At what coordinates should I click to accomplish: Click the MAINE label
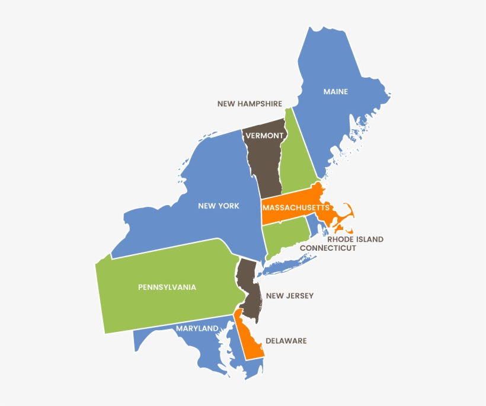pyautogui.click(x=335, y=92)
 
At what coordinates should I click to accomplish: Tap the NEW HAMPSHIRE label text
pyautogui.click(x=250, y=104)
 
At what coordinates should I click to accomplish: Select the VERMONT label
pyautogui.click(x=264, y=135)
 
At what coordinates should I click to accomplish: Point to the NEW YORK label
pyautogui.click(x=219, y=206)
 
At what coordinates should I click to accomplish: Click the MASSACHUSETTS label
pyautogui.click(x=296, y=208)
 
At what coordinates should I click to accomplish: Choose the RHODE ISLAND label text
pyautogui.click(x=355, y=239)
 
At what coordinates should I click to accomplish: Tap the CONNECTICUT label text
pyautogui.click(x=328, y=248)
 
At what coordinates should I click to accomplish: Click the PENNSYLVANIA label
pyautogui.click(x=167, y=287)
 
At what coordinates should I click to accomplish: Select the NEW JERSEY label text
pyautogui.click(x=290, y=296)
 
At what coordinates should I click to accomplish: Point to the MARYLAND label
pyautogui.click(x=196, y=328)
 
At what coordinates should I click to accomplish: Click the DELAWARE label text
pyautogui.click(x=286, y=341)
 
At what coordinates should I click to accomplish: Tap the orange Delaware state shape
pyautogui.click(x=252, y=344)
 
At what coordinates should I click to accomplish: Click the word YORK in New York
pyautogui.click(x=228, y=206)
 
